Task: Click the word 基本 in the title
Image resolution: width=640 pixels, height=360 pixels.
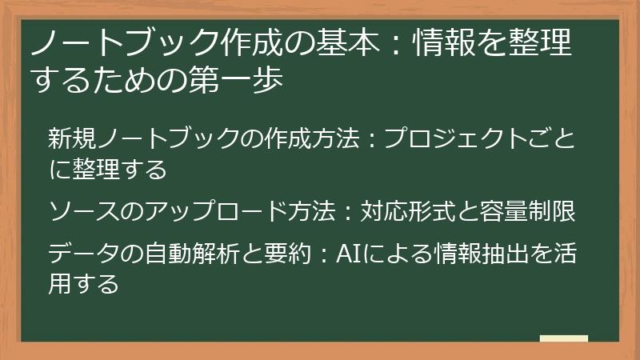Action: pos(349,46)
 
